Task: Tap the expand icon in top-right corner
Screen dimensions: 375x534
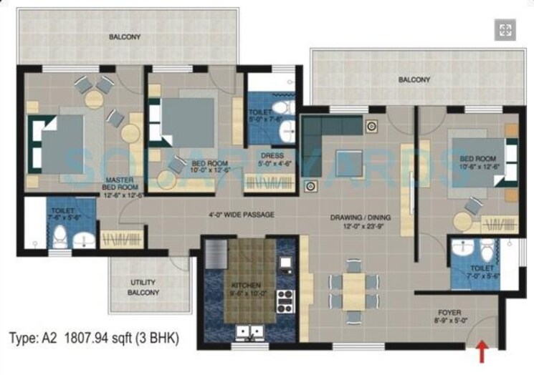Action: (x=505, y=29)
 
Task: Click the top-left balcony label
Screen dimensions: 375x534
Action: (x=125, y=36)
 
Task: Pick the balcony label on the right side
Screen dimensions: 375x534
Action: (x=414, y=80)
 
